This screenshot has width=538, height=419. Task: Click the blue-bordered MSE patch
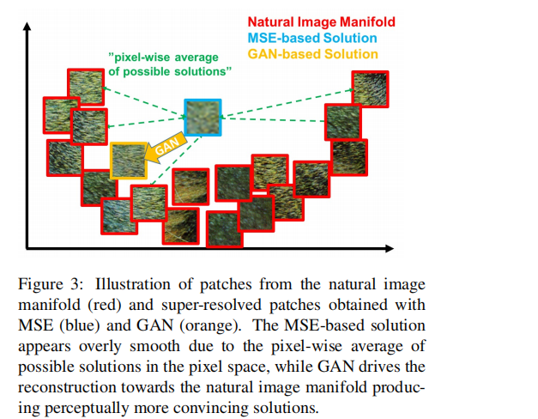(x=203, y=118)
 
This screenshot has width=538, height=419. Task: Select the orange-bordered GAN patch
(x=129, y=161)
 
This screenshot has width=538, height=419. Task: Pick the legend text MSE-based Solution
(x=311, y=38)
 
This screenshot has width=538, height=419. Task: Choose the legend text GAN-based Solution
(x=312, y=54)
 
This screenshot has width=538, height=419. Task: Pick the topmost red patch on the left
(x=85, y=84)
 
